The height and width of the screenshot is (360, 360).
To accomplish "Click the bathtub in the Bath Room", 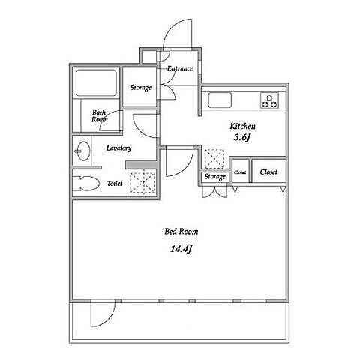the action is point(96,82).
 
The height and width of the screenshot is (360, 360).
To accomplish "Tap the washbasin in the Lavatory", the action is point(82,151).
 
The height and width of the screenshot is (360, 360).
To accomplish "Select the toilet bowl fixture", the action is point(86,184).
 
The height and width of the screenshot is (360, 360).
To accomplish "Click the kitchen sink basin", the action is point(220,100).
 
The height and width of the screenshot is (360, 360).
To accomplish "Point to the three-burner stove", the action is point(270,100).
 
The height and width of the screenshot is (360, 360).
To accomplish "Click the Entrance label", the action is point(180,68).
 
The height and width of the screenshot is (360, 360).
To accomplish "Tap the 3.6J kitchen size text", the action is point(242,137).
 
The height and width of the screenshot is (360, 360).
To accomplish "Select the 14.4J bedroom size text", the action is point(181,249).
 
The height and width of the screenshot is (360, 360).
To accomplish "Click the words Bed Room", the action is point(181,232).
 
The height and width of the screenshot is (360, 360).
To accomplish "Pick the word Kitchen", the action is point(243,126).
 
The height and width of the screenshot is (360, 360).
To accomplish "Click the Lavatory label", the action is point(119,148).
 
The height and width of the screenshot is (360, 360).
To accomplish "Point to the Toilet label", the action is point(115,184).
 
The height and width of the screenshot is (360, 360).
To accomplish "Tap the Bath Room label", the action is point(100,116).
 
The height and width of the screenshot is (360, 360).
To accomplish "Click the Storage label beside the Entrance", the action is point(141,88).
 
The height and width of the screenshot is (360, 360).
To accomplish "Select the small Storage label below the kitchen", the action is point(214,177).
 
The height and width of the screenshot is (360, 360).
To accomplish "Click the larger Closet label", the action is point(268,172).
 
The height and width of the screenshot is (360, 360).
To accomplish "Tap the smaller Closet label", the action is point(240,172).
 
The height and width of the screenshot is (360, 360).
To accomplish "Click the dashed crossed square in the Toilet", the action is point(142,183).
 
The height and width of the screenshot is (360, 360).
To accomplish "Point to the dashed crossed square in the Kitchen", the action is point(214,158).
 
